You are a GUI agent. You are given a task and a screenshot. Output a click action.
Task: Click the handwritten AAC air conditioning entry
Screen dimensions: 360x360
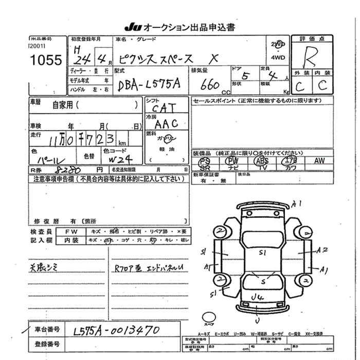point(166,123)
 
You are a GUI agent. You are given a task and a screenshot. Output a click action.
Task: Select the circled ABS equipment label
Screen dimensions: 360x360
point(261,160)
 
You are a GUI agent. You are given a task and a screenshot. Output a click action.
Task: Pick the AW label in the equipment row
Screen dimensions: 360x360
point(319,160)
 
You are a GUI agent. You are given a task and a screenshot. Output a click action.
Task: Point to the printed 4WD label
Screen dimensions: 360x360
point(278,58)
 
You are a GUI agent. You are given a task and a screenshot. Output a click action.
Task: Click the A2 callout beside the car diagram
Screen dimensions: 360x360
point(322,250)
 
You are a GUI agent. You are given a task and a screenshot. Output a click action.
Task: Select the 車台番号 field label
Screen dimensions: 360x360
point(47,329)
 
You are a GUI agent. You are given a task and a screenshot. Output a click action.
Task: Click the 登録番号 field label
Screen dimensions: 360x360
point(47,343)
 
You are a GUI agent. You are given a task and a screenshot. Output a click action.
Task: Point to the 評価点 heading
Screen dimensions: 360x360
point(314,39)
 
